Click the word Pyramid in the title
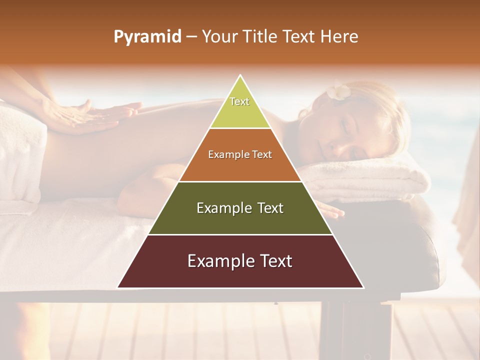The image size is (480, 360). click(147, 37)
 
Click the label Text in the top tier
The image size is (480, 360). click(239, 101)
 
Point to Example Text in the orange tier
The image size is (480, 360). click(240, 154)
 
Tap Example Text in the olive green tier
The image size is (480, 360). click(240, 208)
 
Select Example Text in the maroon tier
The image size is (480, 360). click(240, 261)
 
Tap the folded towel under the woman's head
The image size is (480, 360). click(370, 180)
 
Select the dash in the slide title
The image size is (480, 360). click(191, 37)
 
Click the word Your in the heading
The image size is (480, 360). click(219, 37)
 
